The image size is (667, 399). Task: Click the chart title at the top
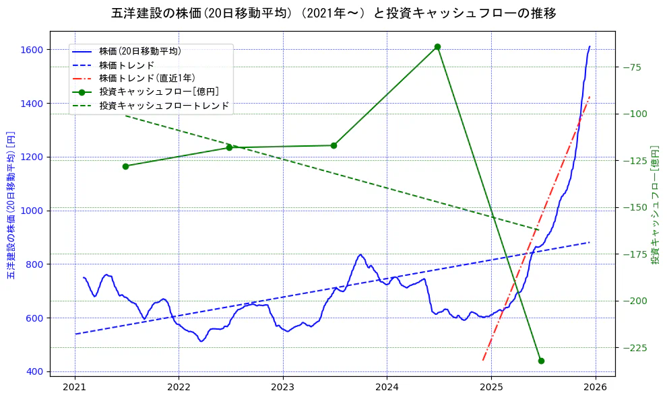[x=333, y=13]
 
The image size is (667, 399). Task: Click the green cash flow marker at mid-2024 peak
[x=437, y=46]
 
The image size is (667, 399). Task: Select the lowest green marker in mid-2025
[x=541, y=361]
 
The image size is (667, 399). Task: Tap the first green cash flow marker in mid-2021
[x=125, y=166]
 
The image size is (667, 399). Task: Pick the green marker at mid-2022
[x=229, y=147]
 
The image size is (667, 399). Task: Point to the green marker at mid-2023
[x=333, y=145]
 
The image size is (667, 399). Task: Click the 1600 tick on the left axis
[x=32, y=50]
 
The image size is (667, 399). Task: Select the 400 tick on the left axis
[x=34, y=371]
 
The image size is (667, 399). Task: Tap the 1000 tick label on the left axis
[x=32, y=211]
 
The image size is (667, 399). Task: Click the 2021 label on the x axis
[x=75, y=388]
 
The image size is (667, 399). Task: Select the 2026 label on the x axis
[x=595, y=388]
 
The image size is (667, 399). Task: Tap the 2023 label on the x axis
[x=283, y=388]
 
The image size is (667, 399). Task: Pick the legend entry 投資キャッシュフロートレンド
[x=164, y=106]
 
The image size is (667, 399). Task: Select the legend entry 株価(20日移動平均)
[x=139, y=50]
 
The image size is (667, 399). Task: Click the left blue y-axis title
[x=11, y=205]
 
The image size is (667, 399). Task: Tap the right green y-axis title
[x=655, y=204]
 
